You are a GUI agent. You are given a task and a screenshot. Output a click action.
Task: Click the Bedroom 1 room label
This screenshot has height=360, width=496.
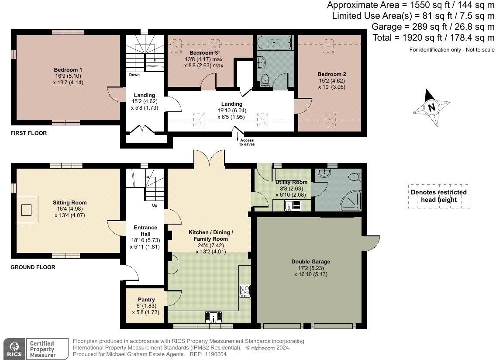(x=68, y=70)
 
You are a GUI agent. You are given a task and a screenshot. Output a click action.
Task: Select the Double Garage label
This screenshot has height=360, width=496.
(x=310, y=262)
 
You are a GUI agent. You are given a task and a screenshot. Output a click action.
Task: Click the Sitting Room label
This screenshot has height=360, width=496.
(x=70, y=203)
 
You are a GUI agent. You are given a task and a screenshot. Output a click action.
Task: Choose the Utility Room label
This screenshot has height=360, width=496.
(x=291, y=182)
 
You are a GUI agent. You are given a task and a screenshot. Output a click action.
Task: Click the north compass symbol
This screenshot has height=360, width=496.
(x=431, y=107)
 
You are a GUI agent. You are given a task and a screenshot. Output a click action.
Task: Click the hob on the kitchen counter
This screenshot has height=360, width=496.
(x=244, y=290)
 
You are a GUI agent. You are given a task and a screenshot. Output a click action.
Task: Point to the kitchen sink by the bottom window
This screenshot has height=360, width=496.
(x=213, y=316)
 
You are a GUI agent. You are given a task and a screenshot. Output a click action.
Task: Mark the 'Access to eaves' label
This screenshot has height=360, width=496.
(x=246, y=142)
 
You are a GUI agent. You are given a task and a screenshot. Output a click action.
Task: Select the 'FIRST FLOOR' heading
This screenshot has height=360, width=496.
(x=28, y=133)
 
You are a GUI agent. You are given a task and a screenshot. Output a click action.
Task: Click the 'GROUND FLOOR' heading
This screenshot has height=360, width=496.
(x=33, y=267)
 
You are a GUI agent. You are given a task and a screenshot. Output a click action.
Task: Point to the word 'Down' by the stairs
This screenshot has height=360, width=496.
(x=134, y=75)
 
